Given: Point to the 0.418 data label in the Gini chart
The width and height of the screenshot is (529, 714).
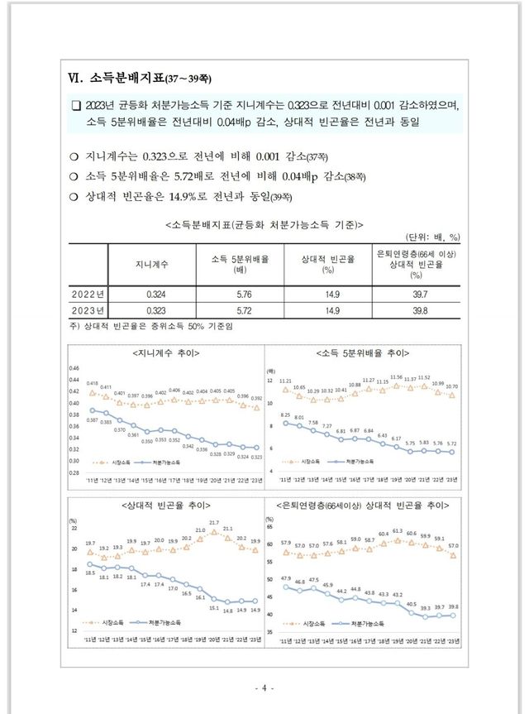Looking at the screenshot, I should [92, 383].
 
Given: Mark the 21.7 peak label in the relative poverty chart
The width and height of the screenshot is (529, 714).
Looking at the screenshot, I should [214, 523].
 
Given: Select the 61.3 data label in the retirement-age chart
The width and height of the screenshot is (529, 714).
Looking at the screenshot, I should [397, 531].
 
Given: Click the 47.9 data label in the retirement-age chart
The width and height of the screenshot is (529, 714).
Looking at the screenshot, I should [286, 578].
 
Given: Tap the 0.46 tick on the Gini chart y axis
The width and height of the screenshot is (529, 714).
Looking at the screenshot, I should [73, 368].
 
